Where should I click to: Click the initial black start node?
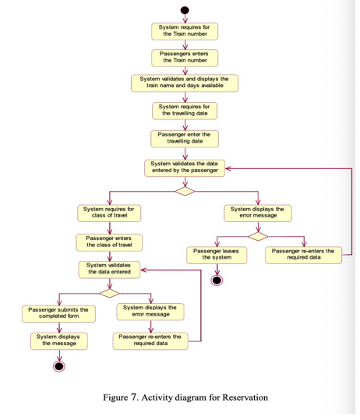[185, 10]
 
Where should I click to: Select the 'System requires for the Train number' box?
[185, 31]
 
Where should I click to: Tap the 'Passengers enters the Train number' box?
[185, 58]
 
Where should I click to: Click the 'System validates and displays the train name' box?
[185, 83]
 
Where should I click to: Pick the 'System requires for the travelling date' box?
[185, 111]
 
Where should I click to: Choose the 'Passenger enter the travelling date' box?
[185, 139]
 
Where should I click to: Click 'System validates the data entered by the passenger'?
[185, 168]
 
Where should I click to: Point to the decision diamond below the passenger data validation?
[185, 191]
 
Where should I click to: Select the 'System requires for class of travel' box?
[109, 214]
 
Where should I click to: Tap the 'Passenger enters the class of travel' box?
[109, 242]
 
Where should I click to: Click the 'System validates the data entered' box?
[109, 270]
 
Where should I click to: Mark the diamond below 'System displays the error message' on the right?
[258, 237]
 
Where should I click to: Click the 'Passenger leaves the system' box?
[217, 256]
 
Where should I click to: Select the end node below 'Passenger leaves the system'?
[217, 281]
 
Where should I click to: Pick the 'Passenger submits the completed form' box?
[58, 314]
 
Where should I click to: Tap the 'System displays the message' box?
[59, 341]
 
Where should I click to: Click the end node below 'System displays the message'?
[59, 366]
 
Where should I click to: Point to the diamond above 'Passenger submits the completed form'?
[110, 293]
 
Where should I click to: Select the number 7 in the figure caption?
[134, 397]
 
